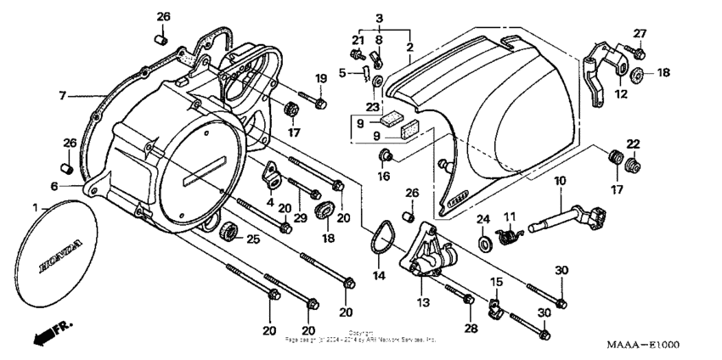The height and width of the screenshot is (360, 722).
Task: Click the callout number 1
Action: point(36,207)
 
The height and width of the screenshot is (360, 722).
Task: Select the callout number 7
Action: point(62,95)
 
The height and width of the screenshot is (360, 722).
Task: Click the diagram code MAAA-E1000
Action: point(642,346)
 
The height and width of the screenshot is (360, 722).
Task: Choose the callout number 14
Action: point(380,277)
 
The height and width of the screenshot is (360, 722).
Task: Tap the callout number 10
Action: point(560,181)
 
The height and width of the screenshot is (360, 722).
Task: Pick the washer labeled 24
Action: point(482,244)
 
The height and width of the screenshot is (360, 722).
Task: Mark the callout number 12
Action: point(622,95)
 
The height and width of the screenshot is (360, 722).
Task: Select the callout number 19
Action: point(320,79)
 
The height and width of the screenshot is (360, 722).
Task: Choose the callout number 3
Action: point(380,18)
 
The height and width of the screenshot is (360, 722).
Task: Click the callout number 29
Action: point(298,220)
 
